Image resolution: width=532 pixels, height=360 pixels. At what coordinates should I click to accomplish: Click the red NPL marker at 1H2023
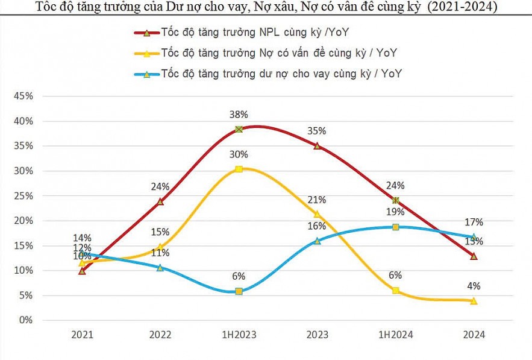tap(239, 129)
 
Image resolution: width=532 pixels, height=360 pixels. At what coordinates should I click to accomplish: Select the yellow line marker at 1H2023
tap(239, 169)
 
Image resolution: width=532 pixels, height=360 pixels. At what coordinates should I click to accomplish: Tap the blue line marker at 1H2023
tap(239, 291)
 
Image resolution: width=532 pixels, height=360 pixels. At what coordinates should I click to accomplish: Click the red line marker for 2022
tap(160, 201)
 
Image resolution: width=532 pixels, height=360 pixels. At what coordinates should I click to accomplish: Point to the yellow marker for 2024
tap(474, 300)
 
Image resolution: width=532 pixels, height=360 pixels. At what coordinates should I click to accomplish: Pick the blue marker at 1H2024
tap(395, 227)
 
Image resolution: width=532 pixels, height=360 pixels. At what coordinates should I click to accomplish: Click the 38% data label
tap(239, 115)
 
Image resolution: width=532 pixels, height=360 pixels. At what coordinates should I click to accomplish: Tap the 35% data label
tap(317, 131)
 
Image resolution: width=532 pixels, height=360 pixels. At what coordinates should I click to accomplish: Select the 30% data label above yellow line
tap(239, 154)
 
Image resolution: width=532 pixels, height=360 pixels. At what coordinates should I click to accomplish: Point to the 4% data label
tap(474, 286)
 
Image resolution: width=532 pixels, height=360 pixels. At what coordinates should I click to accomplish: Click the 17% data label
tap(474, 222)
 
